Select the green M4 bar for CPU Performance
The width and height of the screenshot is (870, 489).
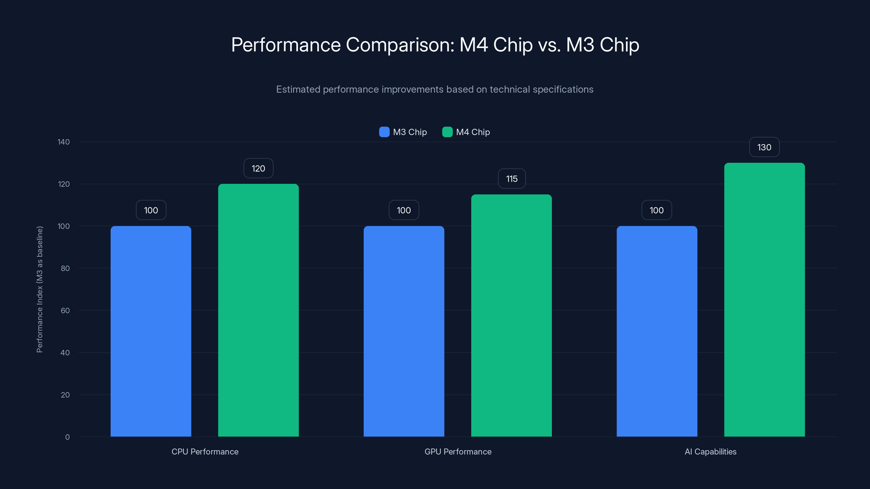[x=258, y=310]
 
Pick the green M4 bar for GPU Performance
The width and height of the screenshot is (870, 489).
[x=511, y=315]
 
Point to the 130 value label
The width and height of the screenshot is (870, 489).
[x=764, y=147]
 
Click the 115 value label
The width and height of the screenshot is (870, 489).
[x=512, y=179]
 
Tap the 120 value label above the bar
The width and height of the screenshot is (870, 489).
[x=258, y=168]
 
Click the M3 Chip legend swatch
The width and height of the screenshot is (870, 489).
[x=384, y=132]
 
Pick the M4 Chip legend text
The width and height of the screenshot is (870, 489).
[x=473, y=132]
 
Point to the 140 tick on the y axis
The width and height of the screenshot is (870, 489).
[x=64, y=142]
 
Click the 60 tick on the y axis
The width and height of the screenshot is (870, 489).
[x=65, y=311]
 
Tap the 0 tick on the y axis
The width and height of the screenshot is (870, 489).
[x=67, y=437]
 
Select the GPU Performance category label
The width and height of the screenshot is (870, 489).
[x=458, y=452]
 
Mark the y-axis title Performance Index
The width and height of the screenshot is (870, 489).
[x=39, y=289]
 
